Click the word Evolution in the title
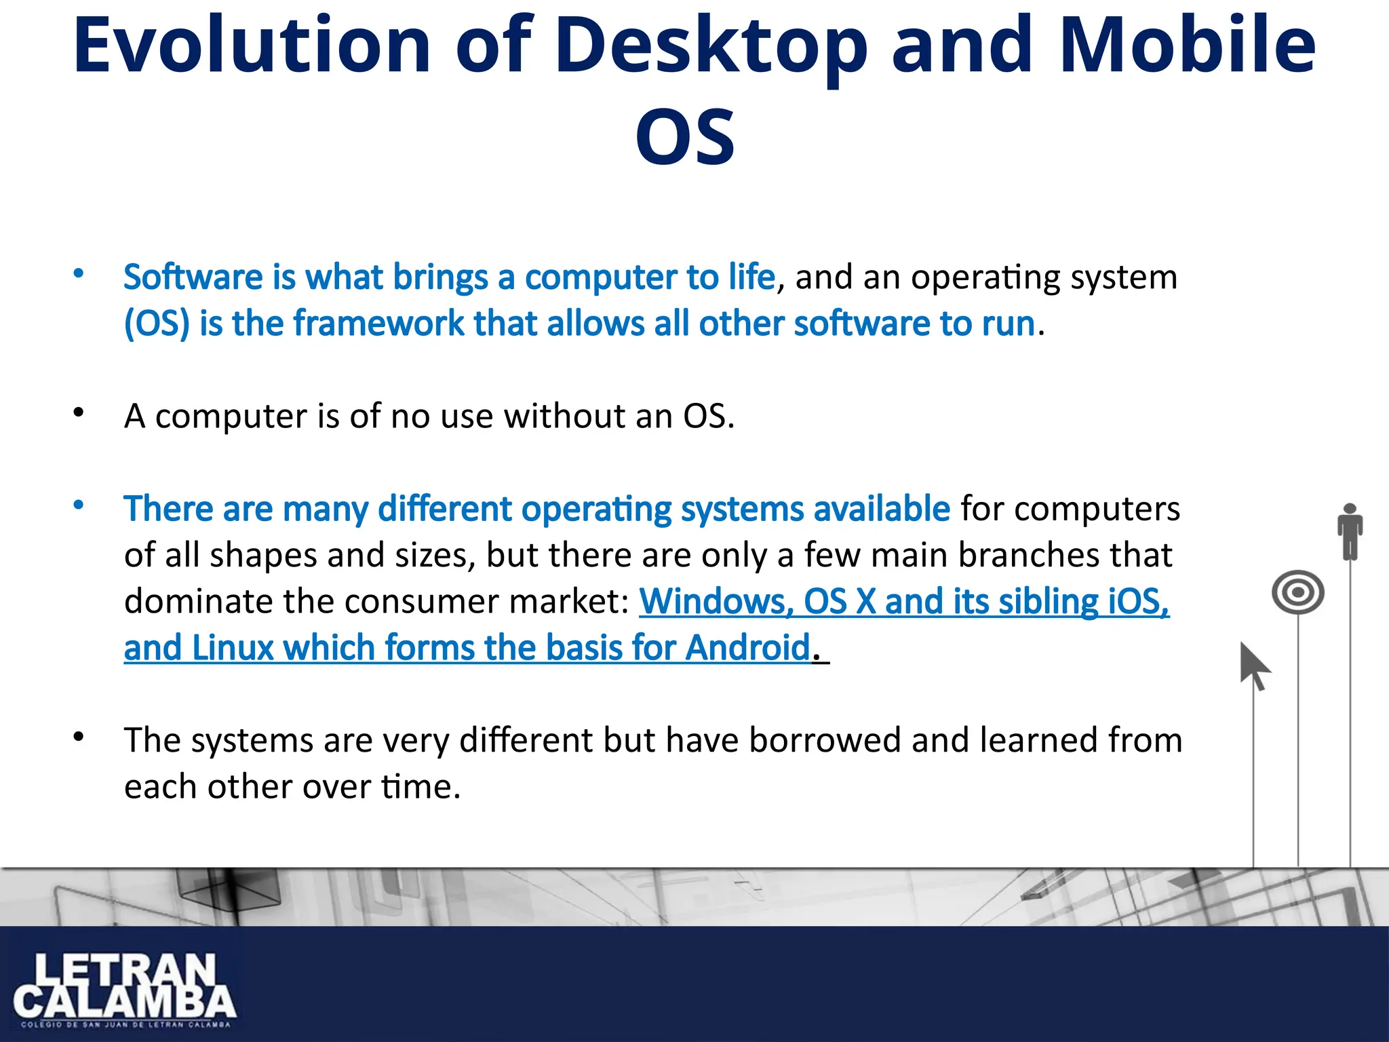pyautogui.click(x=252, y=45)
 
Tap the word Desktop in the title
pyautogui.click(x=711, y=45)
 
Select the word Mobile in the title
pyautogui.click(x=1187, y=45)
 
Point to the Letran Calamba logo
pyautogui.click(x=124, y=988)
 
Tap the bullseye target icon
pyautogui.click(x=1298, y=592)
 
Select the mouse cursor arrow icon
pyautogui.click(x=1254, y=665)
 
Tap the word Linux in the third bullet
pyautogui.click(x=233, y=648)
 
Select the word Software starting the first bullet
pyautogui.click(x=193, y=277)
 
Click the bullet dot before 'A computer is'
pyautogui.click(x=79, y=412)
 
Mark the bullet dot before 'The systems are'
pyautogui.click(x=79, y=737)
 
